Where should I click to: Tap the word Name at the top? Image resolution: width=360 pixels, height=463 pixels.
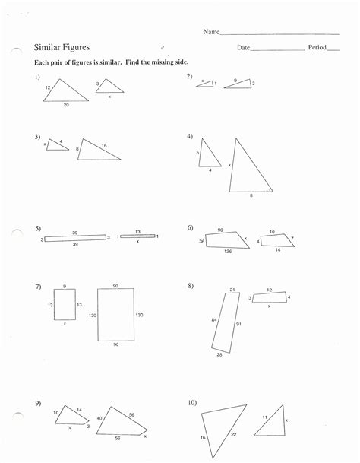[210, 32]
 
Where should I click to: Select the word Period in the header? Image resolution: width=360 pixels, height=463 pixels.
[317, 47]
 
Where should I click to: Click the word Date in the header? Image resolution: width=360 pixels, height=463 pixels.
[243, 47]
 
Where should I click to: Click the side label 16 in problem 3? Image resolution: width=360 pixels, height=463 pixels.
[104, 144]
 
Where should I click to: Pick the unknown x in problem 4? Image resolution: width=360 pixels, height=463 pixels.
[230, 165]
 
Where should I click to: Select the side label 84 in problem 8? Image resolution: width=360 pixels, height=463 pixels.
[213, 320]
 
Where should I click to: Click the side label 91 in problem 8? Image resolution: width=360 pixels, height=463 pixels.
[238, 325]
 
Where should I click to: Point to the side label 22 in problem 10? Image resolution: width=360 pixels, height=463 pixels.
[233, 433]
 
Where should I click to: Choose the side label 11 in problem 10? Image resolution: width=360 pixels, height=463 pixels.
[264, 417]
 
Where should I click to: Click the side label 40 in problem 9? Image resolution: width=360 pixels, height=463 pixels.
[99, 418]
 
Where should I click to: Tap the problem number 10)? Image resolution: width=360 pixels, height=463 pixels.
[192, 401]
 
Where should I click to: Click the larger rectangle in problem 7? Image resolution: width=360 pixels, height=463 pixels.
[115, 315]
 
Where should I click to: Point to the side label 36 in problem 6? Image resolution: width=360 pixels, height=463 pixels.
[202, 241]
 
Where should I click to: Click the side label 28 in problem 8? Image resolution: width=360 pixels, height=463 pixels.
[219, 355]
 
